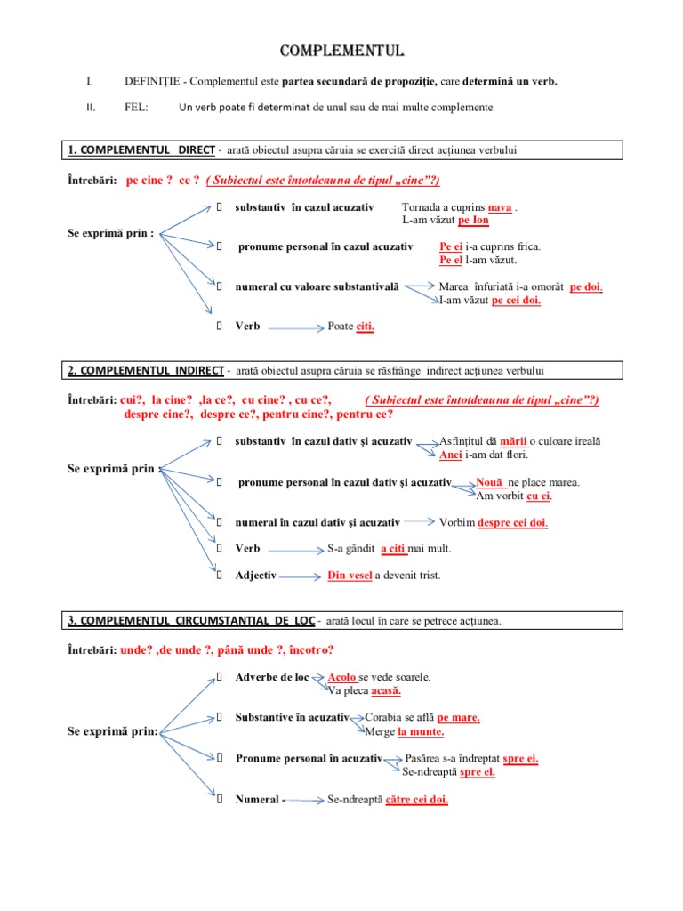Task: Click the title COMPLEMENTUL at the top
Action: point(341,50)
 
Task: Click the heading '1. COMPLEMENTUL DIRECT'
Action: point(142,149)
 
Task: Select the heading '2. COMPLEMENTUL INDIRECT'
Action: point(147,370)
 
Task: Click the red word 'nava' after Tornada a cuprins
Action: point(501,207)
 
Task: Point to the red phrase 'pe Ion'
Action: point(474,220)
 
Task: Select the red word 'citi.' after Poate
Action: point(366,327)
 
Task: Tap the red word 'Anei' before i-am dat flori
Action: point(451,455)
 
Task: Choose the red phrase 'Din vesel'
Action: point(350,576)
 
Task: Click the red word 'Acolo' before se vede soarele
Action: point(342,677)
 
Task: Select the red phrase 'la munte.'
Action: point(421,732)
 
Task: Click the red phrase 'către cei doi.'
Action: point(417,800)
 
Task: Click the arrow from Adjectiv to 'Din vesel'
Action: point(301,576)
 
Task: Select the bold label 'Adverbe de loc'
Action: point(272,677)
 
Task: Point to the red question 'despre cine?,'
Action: point(160,414)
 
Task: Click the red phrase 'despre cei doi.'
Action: point(512,523)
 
